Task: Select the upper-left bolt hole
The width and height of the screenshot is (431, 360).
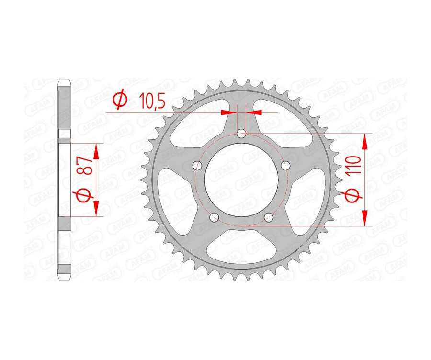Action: (197, 166)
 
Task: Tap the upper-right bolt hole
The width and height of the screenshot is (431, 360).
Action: (287, 166)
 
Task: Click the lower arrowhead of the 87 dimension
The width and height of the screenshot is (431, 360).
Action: (96, 207)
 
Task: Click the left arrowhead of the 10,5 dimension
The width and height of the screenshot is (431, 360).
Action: (228, 112)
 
